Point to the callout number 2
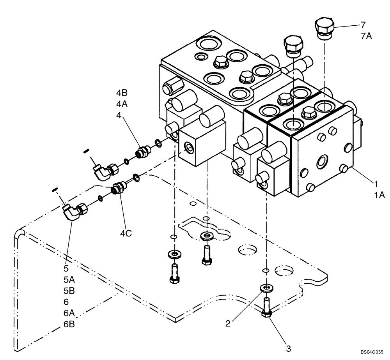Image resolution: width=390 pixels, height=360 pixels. [x=229, y=323]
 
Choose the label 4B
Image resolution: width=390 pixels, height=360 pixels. [x=122, y=93]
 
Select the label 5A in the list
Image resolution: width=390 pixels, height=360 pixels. [x=69, y=280]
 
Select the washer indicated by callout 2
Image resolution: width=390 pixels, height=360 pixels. [x=266, y=288]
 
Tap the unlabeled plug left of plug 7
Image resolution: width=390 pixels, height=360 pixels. [x=294, y=45]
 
